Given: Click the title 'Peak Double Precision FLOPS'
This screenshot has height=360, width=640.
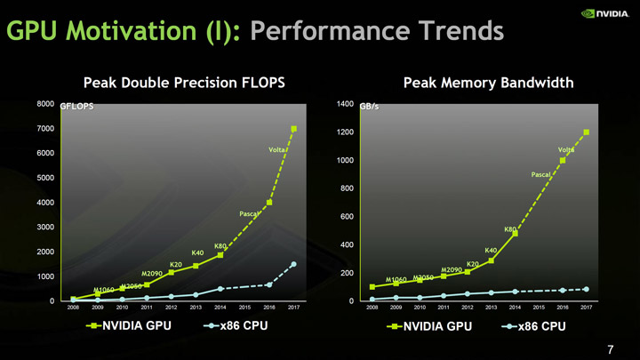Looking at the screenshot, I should [184, 83].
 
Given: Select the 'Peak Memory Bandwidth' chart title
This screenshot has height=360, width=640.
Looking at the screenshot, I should [488, 83].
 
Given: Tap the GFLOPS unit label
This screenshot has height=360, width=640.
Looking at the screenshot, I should [77, 107].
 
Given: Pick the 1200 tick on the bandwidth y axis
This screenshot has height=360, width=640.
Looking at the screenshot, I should [346, 132].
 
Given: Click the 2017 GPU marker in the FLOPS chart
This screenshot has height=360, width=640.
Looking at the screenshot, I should [293, 129].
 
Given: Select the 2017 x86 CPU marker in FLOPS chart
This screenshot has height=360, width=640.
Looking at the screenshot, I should [293, 264].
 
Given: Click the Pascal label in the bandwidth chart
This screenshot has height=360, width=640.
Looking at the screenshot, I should [542, 175].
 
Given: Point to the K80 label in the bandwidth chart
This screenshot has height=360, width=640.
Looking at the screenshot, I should [510, 230].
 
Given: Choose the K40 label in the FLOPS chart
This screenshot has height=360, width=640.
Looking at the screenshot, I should [198, 253].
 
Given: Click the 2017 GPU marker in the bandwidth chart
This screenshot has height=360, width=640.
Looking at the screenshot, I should [587, 132].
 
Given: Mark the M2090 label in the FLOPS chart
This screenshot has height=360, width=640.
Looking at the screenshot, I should [151, 273].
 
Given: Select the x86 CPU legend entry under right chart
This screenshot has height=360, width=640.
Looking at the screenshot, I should [533, 325].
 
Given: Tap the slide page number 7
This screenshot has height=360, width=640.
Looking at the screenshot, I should [610, 348].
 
